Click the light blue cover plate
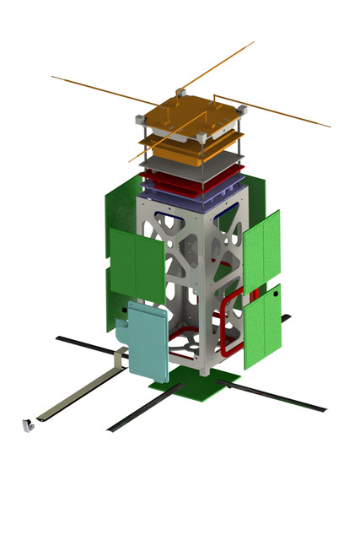pyautogui.click(x=149, y=341)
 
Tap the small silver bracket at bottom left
pyautogui.click(x=28, y=425)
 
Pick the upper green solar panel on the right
pyautogui.click(x=261, y=248)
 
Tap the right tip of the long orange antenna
pyautogui.click(x=328, y=127)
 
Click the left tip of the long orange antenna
pyautogui.click(x=53, y=77)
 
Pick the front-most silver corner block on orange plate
pyautogui.click(x=200, y=138)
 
